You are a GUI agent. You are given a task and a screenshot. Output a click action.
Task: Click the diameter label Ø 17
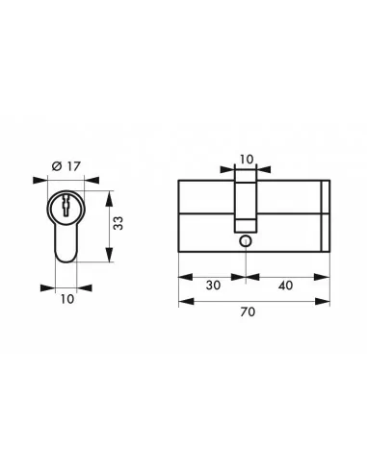pyautogui.click(x=64, y=166)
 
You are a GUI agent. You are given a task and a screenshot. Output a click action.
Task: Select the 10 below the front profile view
pyautogui.click(x=66, y=298)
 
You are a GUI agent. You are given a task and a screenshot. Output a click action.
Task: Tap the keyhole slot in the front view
pyautogui.click(x=66, y=205)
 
